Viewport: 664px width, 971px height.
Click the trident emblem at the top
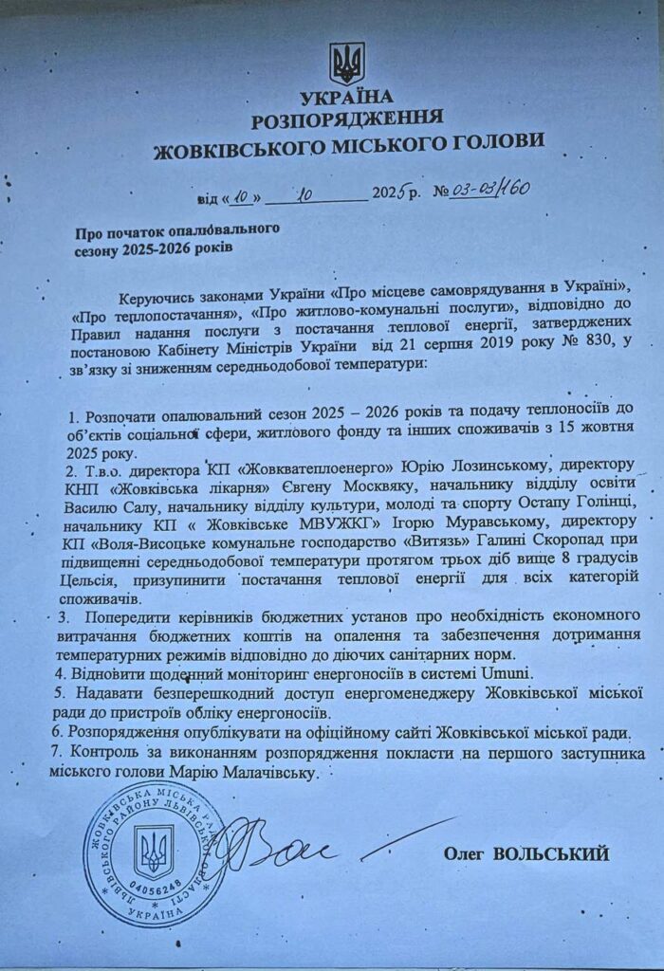point(346,64)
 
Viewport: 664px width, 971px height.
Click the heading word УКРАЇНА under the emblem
point(346,99)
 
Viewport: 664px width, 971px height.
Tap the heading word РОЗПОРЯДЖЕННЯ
point(347,119)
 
